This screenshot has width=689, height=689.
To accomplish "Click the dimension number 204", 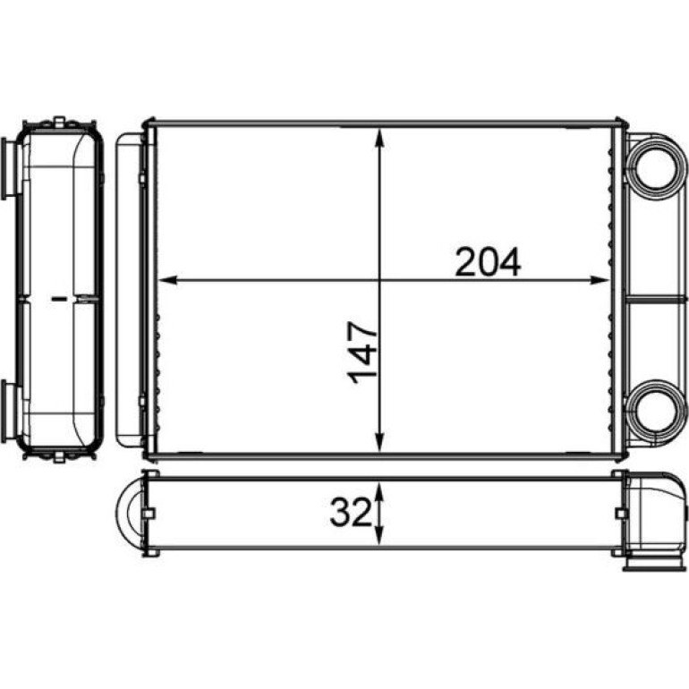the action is (x=488, y=261).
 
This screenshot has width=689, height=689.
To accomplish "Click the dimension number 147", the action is (x=362, y=353).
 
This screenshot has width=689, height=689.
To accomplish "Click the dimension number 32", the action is (x=350, y=513).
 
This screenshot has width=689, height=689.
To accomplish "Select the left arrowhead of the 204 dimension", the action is (x=167, y=280).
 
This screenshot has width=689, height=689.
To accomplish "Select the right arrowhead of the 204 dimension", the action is (x=600, y=280).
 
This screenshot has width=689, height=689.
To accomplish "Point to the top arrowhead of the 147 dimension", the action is (x=380, y=138).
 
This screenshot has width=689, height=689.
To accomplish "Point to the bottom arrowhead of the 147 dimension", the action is (x=380, y=442).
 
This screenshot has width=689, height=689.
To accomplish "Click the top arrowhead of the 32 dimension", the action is (x=380, y=490).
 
